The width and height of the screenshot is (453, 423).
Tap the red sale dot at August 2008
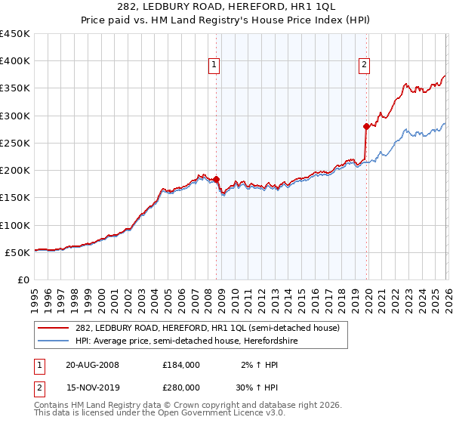(217, 180)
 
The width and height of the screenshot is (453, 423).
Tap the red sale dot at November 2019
(366, 127)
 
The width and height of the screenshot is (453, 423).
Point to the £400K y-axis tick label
(15, 61)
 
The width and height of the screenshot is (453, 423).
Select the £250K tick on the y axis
(15, 143)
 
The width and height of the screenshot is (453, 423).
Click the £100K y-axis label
(15, 225)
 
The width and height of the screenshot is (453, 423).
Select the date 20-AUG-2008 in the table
(92, 365)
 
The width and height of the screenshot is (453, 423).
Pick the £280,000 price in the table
(181, 387)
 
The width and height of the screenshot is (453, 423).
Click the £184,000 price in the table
(181, 365)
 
